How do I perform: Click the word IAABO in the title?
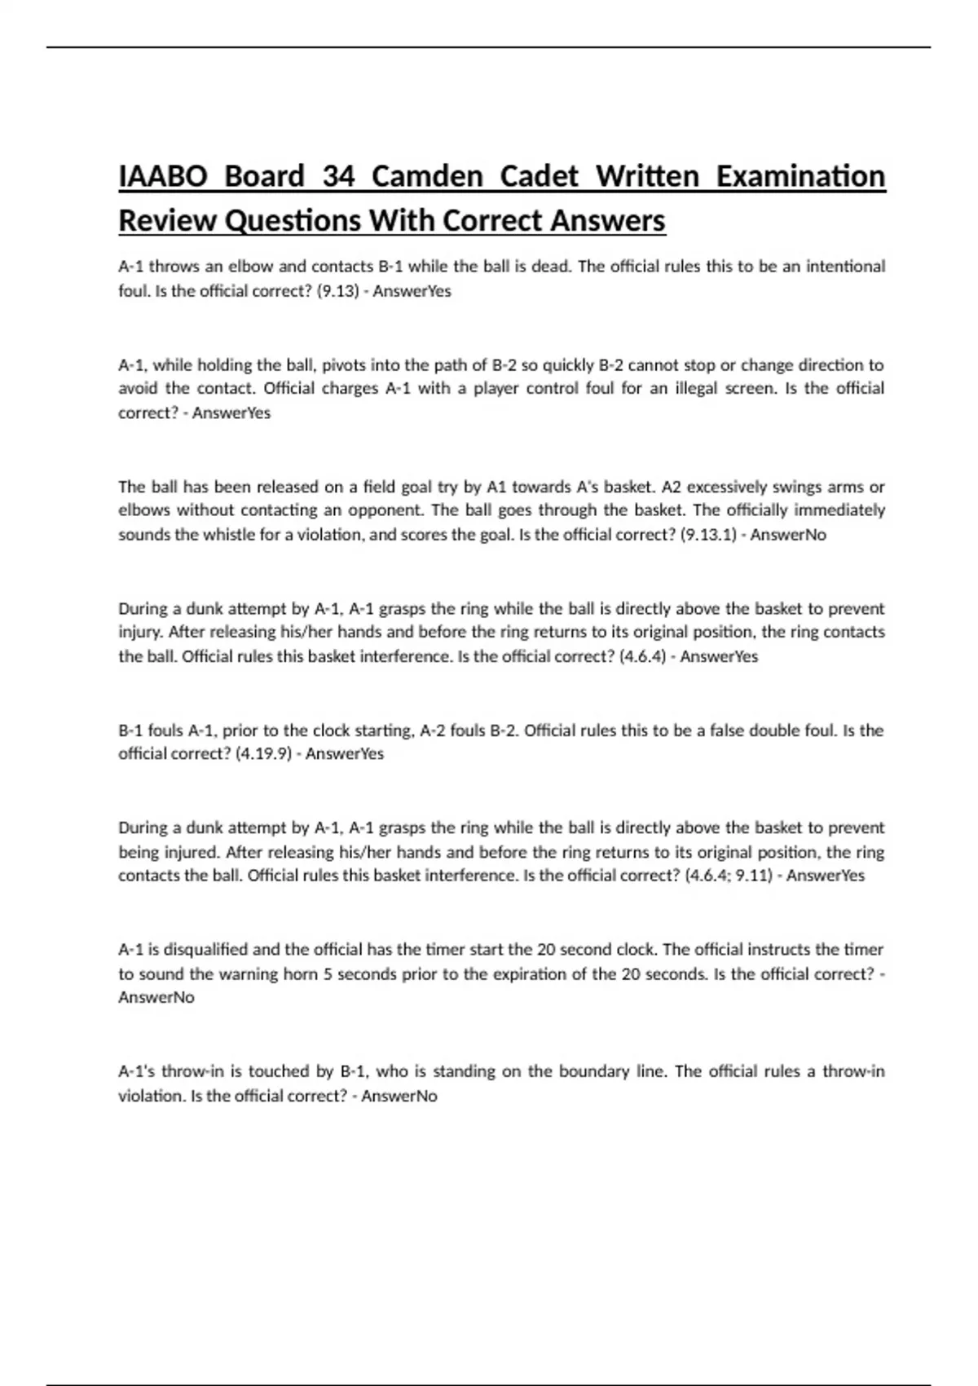click(163, 176)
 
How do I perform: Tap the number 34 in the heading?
click(338, 176)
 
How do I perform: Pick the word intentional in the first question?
click(845, 267)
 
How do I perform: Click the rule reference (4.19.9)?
click(263, 754)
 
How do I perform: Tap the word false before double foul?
click(717, 731)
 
